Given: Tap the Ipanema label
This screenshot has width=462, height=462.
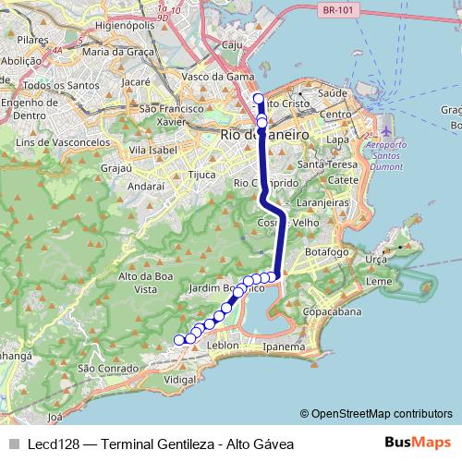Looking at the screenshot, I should pyautogui.click(x=283, y=347).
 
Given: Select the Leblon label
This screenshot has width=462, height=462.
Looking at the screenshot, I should pyautogui.click(x=224, y=346).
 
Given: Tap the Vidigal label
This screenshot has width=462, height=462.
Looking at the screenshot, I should pyautogui.click(x=180, y=380).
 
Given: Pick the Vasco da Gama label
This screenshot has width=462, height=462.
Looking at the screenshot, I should pyautogui.click(x=218, y=76).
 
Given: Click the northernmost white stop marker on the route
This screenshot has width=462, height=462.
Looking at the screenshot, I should pyautogui.click(x=259, y=99).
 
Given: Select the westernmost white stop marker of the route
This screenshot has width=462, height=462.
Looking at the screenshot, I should pyautogui.click(x=180, y=339).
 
